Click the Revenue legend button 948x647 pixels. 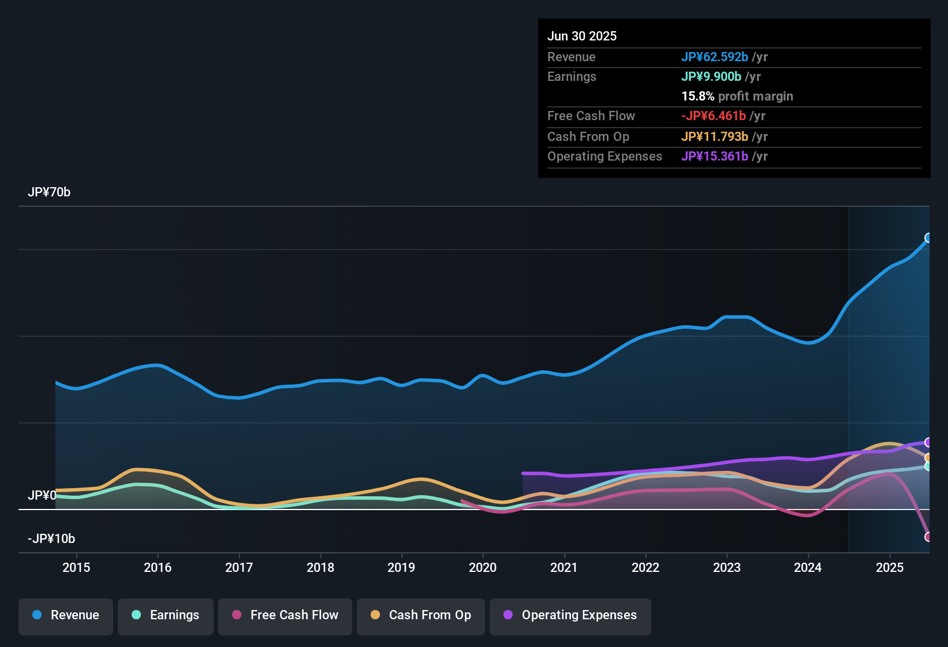[66, 615]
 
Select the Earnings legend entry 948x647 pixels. [166, 615]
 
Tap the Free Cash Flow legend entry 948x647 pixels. [285, 615]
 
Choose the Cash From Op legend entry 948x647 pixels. [421, 615]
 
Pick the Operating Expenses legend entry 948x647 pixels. [570, 615]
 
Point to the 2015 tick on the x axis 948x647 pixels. [76, 567]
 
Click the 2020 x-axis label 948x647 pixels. [483, 567]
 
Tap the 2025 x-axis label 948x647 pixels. [890, 567]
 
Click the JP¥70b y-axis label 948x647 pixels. [49, 192]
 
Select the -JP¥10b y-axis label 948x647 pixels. [51, 539]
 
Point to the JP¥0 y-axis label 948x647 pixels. [42, 496]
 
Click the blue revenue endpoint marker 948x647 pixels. [928, 238]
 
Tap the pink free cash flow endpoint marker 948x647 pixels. [928, 537]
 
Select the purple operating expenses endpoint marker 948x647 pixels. [928, 443]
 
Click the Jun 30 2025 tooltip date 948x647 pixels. [582, 36]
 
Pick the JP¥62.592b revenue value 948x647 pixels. [714, 57]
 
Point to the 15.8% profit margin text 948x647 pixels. [737, 96]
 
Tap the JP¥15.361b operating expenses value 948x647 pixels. [714, 157]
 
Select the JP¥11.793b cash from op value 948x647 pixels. [714, 137]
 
